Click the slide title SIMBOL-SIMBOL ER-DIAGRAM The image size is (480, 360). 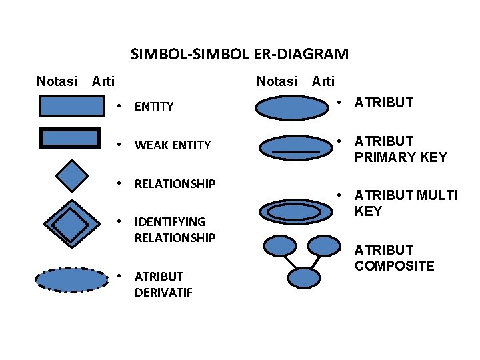pos(239,53)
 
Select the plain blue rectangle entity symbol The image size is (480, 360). pos(72,106)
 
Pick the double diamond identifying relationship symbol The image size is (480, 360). pos(70,226)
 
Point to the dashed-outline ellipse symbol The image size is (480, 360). pos(71,279)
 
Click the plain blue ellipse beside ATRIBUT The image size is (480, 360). pos(292,108)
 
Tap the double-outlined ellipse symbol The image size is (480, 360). pos(294,211)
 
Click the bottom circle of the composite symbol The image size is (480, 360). pos(304,277)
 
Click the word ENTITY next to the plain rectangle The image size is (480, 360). pos(154,106)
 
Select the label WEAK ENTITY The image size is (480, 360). pos(173,145)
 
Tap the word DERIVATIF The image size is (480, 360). pos(163,292)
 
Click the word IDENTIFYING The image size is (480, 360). pos(170,221)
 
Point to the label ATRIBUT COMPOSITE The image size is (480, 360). pos(394,258)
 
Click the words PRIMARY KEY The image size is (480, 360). pos(401,158)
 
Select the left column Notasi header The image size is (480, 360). pos(57,81)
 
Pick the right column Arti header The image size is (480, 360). pos(323,81)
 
